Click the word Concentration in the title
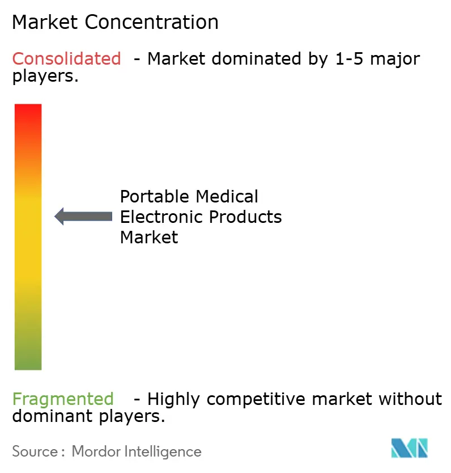click(152, 22)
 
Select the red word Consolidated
click(67, 58)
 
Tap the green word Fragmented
click(63, 399)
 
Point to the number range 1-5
click(347, 58)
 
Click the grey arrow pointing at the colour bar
click(83, 216)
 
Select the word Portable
click(155, 197)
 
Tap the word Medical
click(227, 197)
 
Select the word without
click(410, 399)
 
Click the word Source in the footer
click(33, 451)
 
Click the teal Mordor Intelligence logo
click(409, 448)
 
